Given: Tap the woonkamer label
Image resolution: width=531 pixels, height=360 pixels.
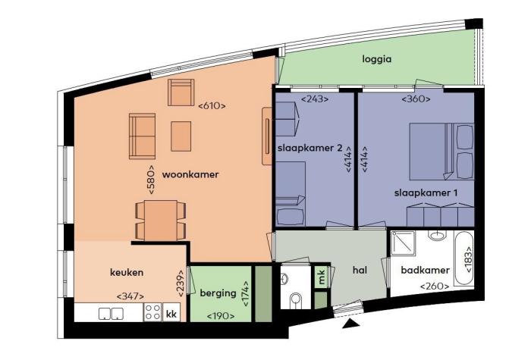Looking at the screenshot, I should pyautogui.click(x=190, y=174).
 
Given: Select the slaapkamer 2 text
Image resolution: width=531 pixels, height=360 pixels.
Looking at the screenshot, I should pyautogui.click(x=309, y=147).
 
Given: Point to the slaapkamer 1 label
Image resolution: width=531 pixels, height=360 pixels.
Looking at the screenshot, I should pyautogui.click(x=426, y=193).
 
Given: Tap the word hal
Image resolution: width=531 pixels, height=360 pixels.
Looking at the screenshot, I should pyautogui.click(x=360, y=270).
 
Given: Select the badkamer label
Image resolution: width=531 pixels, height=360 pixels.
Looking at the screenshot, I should pyautogui.click(x=426, y=270).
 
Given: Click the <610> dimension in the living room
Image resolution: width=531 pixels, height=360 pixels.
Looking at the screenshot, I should pyautogui.click(x=212, y=106).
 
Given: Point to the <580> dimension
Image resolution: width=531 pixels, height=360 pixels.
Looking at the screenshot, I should pyautogui.click(x=152, y=180).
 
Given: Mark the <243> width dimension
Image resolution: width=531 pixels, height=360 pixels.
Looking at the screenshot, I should pyautogui.click(x=314, y=99).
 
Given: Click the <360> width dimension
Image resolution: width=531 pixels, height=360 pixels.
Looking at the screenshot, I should pyautogui.click(x=416, y=99).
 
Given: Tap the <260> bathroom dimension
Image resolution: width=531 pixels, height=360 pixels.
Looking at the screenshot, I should pyautogui.click(x=434, y=286).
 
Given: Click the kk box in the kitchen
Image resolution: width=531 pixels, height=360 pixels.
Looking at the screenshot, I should pyautogui.click(x=171, y=312).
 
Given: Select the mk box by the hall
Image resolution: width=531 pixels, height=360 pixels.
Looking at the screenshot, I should pyautogui.click(x=322, y=278).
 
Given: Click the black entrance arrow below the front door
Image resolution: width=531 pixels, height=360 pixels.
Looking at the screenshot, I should pyautogui.click(x=350, y=324).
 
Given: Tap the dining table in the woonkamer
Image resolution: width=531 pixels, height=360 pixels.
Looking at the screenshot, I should pyautogui.click(x=160, y=220).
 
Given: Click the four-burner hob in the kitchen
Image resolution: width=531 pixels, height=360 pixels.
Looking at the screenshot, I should pyautogui.click(x=152, y=312).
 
